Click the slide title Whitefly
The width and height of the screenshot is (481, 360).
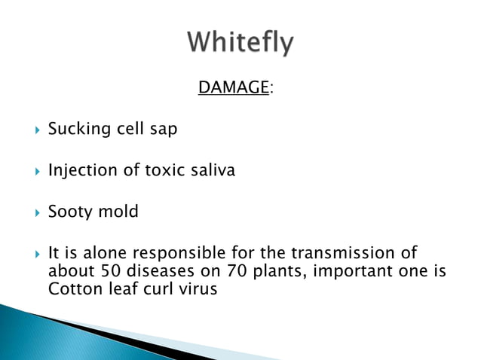240,43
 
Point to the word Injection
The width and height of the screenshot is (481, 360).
81,171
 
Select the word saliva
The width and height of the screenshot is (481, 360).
213,171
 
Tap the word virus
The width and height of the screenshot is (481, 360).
197,288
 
